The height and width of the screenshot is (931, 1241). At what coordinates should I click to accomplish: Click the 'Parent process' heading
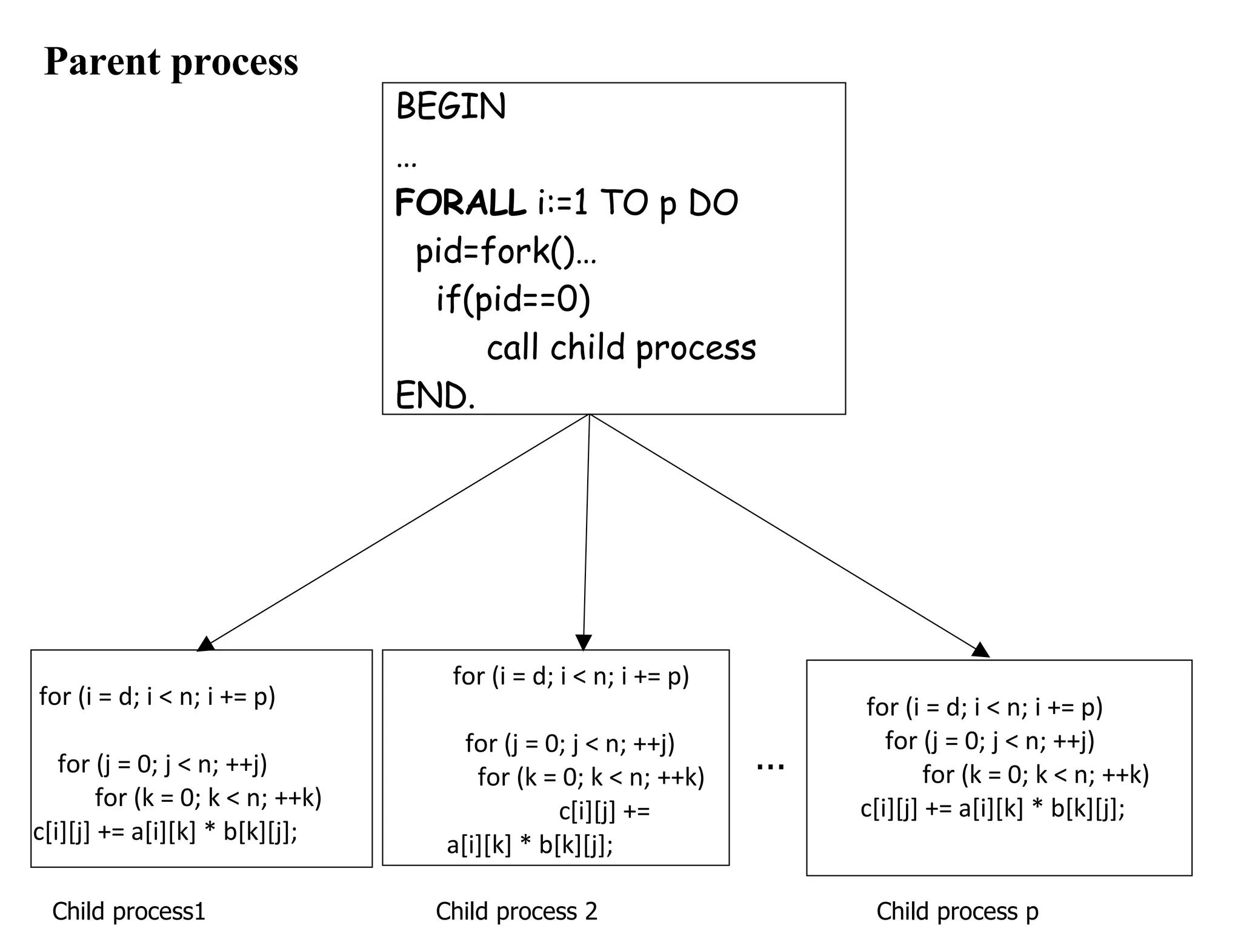coord(171,62)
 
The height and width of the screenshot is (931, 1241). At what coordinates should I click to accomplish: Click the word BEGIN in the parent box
coord(450,107)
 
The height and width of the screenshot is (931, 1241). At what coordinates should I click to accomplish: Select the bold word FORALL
coord(460,202)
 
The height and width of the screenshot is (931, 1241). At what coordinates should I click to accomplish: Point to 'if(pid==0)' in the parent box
coord(513,299)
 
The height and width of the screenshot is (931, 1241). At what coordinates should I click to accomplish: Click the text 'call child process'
coord(621,348)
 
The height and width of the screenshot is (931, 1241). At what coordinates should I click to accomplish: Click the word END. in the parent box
coord(435,396)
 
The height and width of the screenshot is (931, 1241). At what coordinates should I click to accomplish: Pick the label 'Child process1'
coord(128,911)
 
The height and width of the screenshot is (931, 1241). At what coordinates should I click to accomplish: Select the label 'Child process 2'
coord(516,911)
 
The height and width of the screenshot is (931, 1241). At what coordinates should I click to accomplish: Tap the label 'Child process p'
coord(957,911)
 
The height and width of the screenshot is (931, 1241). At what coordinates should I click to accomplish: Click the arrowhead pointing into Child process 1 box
coord(206,644)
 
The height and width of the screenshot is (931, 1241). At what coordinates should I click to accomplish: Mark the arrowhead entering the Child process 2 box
coord(584,642)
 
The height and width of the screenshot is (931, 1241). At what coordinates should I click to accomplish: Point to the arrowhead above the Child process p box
coord(980,650)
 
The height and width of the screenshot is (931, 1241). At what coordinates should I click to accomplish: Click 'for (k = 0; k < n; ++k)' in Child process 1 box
coord(208,798)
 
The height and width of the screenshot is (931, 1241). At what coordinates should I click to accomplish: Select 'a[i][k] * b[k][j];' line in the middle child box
coord(530,844)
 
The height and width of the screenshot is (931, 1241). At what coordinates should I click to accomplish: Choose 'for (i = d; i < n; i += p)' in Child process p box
coord(984,707)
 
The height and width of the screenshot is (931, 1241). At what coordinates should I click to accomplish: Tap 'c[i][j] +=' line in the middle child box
coord(604,811)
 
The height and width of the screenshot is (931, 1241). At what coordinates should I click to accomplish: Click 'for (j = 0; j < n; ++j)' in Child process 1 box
coord(162,764)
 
